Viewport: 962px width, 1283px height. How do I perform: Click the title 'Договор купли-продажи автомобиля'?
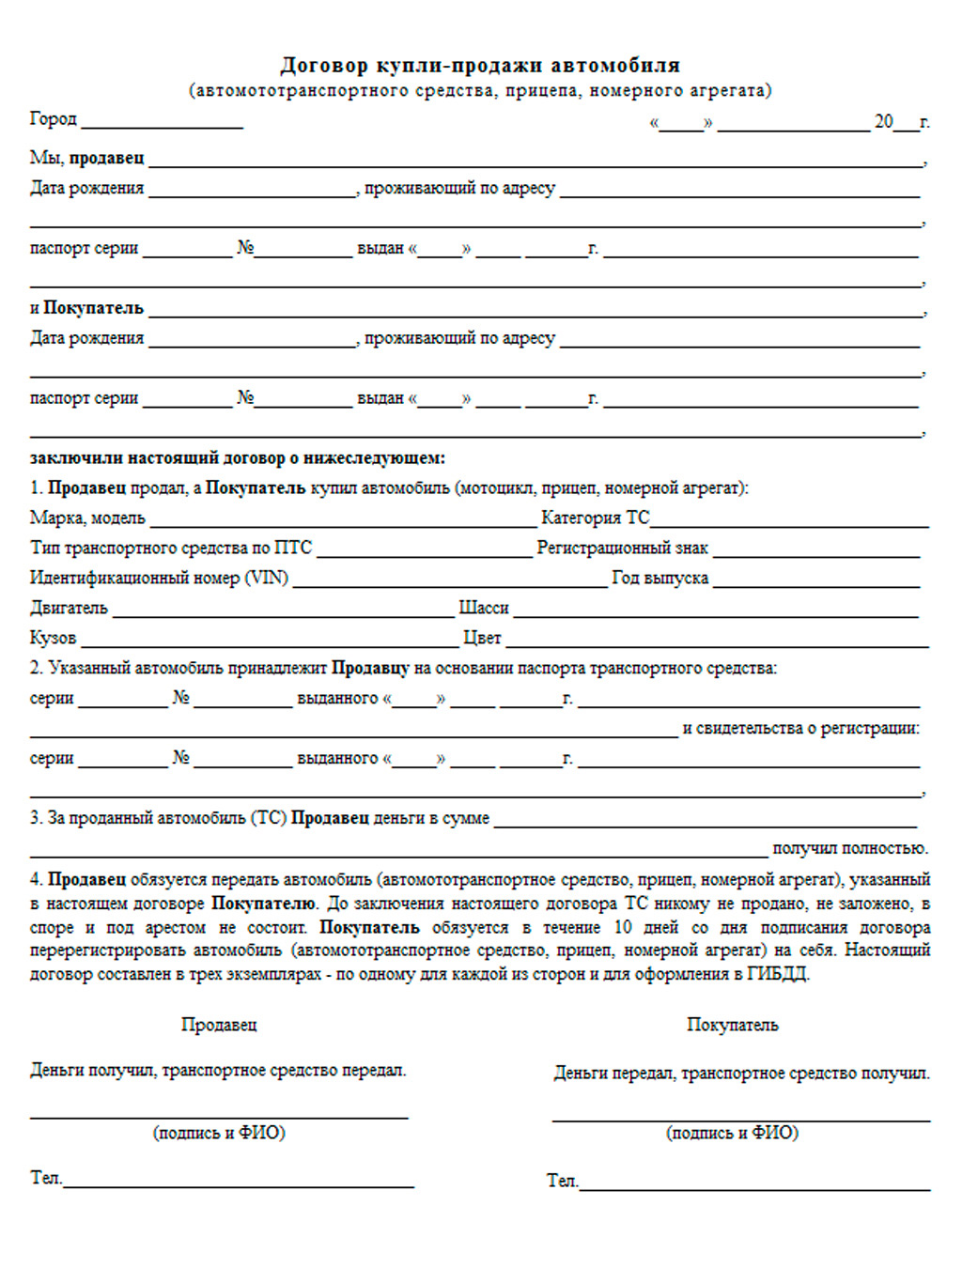point(480,65)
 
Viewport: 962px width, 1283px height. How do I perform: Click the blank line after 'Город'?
point(162,124)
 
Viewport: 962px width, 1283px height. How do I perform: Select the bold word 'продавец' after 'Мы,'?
point(106,158)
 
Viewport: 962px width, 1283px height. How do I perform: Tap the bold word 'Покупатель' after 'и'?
point(93,308)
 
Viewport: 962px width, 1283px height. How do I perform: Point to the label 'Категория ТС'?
point(595,518)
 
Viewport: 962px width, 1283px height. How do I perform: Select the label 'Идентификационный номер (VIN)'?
point(159,578)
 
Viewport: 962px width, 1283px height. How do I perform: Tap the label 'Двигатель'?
point(69,608)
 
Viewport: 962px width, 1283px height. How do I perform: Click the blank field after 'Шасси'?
point(715,612)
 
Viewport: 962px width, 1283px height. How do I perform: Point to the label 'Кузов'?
point(53,638)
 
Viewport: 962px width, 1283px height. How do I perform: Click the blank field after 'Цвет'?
point(717,642)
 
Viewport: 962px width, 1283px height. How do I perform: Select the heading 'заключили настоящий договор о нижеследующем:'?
point(237,458)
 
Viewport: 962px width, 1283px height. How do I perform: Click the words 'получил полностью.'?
point(849,848)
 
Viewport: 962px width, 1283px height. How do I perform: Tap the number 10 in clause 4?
point(622,927)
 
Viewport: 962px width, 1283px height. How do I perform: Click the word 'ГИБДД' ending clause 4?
point(776,974)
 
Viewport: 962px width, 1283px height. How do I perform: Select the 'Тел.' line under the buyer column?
point(754,1186)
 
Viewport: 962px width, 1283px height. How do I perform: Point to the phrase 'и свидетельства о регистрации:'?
point(800,728)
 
